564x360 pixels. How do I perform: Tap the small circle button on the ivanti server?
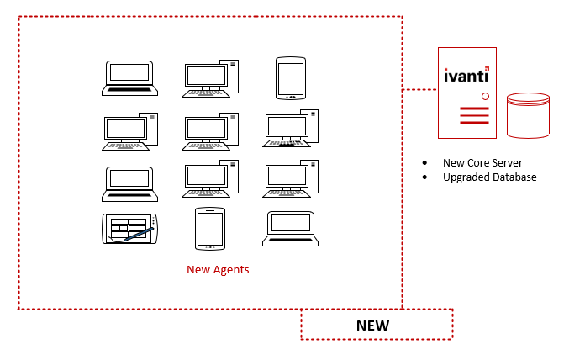(485, 97)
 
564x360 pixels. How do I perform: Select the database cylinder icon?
(528, 115)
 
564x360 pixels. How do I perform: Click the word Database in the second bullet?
(514, 177)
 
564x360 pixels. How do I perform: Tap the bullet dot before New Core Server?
(424, 162)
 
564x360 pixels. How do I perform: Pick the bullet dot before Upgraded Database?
(424, 177)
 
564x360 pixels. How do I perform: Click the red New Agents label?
(218, 270)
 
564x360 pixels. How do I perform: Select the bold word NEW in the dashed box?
(372, 325)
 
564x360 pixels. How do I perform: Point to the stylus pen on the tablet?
(140, 231)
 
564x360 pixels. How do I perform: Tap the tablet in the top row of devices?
(290, 78)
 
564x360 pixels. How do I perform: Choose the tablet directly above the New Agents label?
(208, 228)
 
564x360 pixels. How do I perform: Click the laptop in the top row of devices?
(129, 77)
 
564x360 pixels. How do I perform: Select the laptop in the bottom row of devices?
(290, 228)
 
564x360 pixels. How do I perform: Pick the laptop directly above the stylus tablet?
(129, 183)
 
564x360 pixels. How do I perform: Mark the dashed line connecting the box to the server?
(419, 88)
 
